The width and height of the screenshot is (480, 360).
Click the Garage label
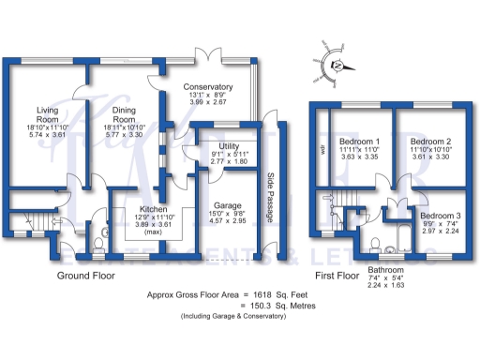pyautogui.click(x=222, y=204)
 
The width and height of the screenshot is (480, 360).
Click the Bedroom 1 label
pyautogui.click(x=357, y=142)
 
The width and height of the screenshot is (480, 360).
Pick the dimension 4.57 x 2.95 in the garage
pyautogui.click(x=222, y=222)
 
